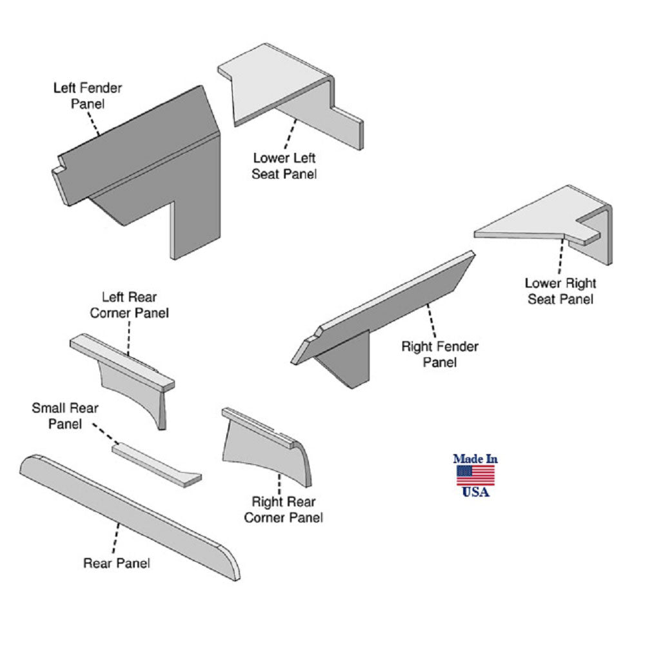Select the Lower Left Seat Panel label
pyautogui.click(x=284, y=165)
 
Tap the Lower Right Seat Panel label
pyautogui.click(x=560, y=290)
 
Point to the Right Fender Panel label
pyautogui.click(x=440, y=354)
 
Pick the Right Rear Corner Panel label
pyautogui.click(x=287, y=509)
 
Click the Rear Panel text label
pyautogui.click(x=117, y=563)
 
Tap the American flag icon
pyautogui.click(x=475, y=475)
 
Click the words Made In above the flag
pyautogui.click(x=475, y=459)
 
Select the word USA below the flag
pyautogui.click(x=475, y=492)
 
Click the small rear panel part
pyautogui.click(x=155, y=460)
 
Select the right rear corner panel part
pyautogui.click(x=264, y=445)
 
